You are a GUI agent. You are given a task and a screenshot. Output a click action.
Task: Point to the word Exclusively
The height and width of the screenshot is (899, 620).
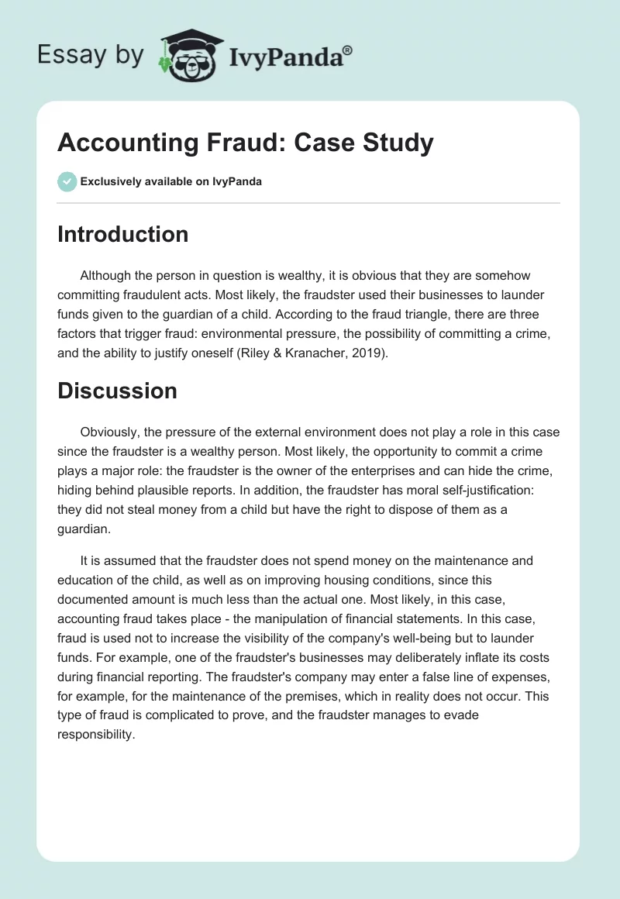click(x=110, y=182)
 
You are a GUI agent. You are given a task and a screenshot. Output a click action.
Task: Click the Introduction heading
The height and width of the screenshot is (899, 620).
click(x=122, y=234)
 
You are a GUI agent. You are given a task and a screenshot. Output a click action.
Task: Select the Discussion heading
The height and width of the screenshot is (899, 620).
click(x=117, y=391)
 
